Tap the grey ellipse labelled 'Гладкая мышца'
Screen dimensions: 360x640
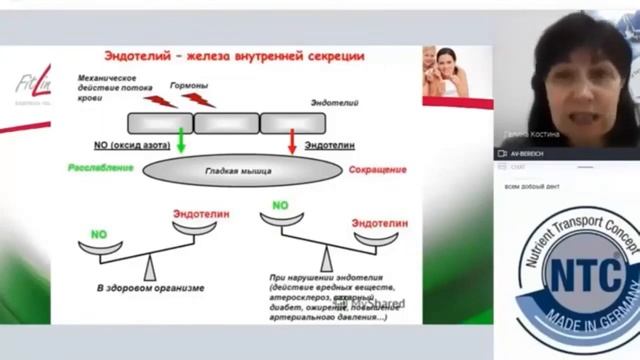pyautogui.click(x=236, y=170)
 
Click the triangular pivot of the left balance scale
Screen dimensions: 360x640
pyautogui.click(x=149, y=267)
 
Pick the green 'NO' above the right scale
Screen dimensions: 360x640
pyautogui.click(x=281, y=204)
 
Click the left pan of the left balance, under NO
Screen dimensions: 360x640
pyautogui.click(x=100, y=246)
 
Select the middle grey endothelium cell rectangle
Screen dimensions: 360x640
pyautogui.click(x=225, y=123)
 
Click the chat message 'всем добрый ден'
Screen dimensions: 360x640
pyautogui.click(x=531, y=189)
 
